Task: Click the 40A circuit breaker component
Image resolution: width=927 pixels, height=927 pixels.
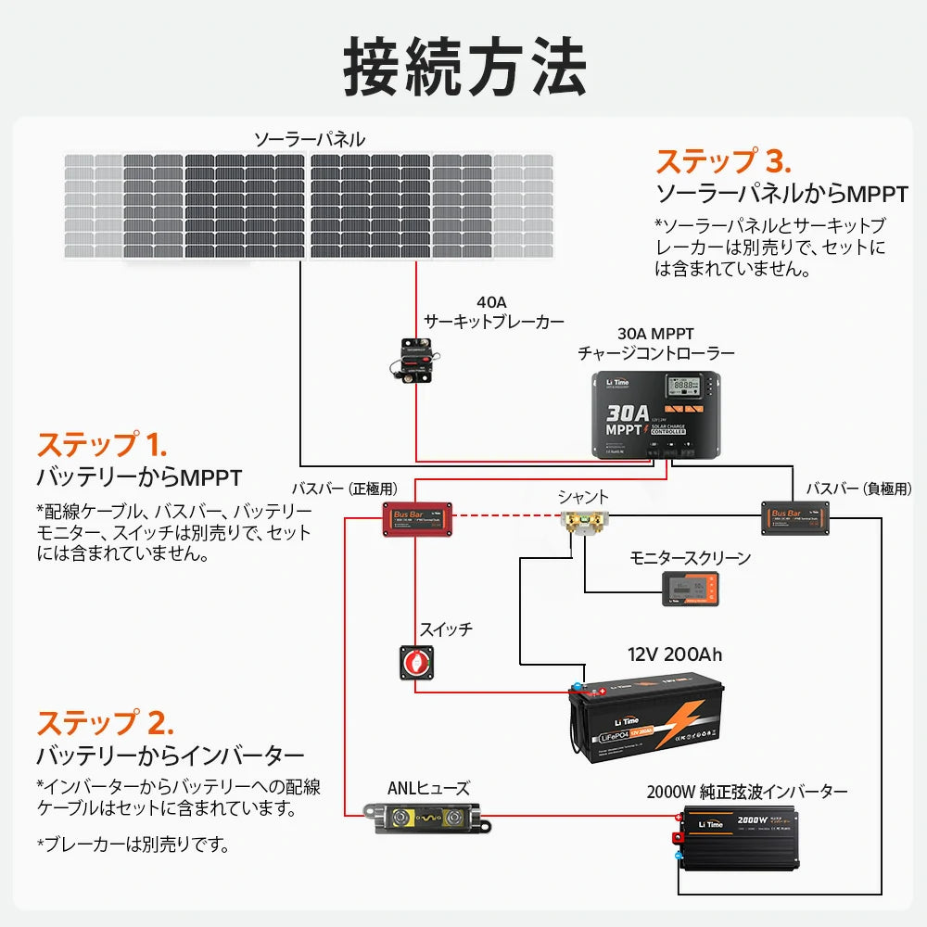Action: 413,360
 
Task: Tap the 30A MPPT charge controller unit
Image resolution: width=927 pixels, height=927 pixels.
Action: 656,413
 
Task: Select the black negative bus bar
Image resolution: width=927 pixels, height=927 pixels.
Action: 794,517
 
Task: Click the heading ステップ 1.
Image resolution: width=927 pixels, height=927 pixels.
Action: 101,444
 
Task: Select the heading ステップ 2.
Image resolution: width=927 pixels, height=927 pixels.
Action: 105,722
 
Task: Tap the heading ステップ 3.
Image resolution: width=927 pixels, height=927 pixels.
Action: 724,161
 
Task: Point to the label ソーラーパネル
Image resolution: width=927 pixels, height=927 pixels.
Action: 310,140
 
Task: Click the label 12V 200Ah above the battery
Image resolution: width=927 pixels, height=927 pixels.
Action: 674,654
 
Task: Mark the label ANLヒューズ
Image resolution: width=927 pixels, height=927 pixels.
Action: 428,789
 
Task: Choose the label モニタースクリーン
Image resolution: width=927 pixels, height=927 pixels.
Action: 690,558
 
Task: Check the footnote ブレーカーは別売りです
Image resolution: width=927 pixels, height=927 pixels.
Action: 134,844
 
